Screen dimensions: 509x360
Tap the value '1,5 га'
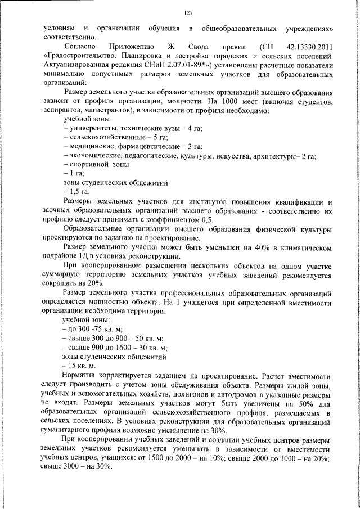point(78,192)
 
